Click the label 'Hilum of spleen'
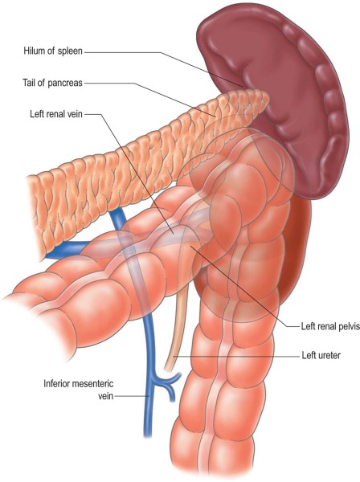coord(53,51)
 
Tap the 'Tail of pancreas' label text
coord(52,83)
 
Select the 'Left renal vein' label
coord(56,114)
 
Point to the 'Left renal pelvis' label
coord(330,326)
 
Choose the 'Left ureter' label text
coord(321,356)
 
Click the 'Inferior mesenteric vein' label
coord(79,390)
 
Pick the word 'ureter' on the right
coord(328,356)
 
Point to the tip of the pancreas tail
coord(268,97)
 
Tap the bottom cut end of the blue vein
coord(148,435)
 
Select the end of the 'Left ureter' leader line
coord(174,356)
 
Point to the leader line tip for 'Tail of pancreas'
coord(215,117)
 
